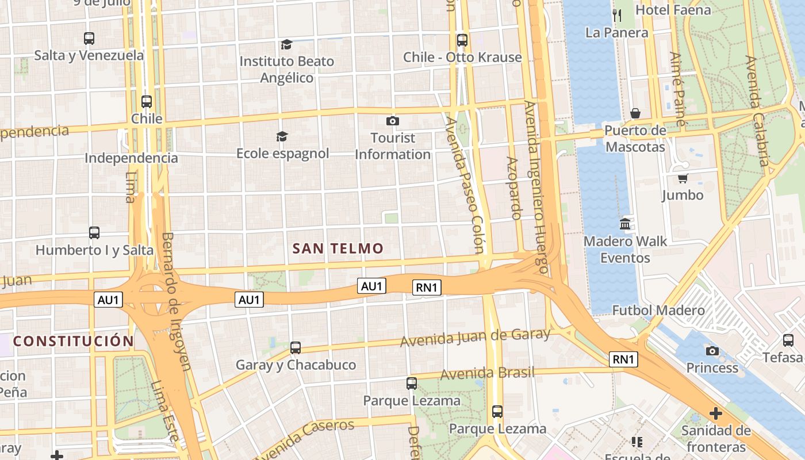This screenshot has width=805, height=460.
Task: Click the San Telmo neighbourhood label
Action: (338, 248)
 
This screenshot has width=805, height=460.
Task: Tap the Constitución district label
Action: (74, 341)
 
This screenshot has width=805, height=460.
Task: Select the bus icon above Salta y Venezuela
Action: (89, 39)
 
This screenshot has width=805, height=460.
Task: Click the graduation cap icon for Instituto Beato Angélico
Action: (286, 44)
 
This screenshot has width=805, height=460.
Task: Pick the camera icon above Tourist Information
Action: (393, 121)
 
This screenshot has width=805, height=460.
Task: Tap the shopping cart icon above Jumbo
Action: (683, 178)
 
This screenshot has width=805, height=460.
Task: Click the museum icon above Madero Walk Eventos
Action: (625, 224)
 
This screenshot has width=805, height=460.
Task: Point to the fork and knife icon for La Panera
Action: (617, 16)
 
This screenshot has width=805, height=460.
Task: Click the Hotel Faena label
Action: (673, 10)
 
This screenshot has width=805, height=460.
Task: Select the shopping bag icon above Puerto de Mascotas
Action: (635, 113)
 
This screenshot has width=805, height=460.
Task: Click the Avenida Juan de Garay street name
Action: (475, 337)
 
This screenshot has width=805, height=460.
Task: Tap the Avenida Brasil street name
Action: (487, 373)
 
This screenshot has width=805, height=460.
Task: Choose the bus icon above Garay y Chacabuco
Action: (296, 347)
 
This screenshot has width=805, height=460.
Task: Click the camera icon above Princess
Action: (712, 351)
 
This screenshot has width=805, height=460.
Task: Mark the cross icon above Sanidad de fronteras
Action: (716, 413)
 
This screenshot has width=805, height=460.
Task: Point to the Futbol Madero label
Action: (658, 310)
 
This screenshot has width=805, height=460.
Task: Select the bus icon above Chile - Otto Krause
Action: (462, 40)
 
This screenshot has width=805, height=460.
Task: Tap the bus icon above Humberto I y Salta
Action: (94, 233)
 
